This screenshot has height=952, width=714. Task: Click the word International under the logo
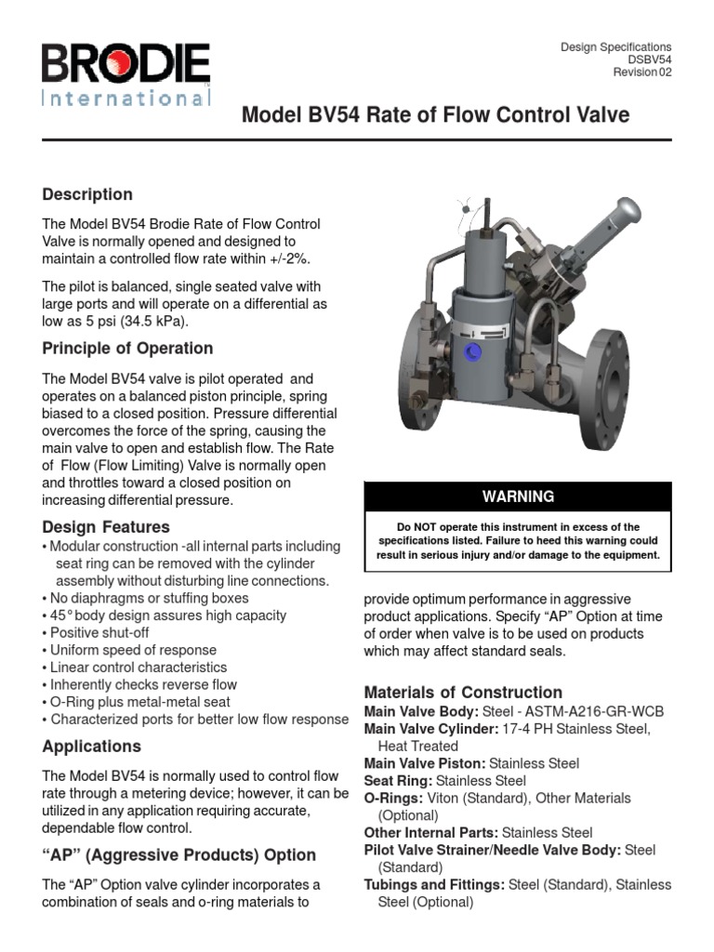coord(126,98)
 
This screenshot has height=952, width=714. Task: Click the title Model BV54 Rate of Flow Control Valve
coord(436,115)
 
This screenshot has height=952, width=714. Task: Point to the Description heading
coord(87,194)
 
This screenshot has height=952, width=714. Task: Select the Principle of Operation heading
coord(127,349)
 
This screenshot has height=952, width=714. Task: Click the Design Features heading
coord(106,527)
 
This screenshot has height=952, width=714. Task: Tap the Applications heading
coord(92,747)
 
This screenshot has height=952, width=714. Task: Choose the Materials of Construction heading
coord(463,693)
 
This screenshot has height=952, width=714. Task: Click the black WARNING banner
coord(517,496)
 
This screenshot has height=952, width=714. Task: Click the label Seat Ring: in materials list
coord(398,781)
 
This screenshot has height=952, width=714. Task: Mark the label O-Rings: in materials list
coord(394,799)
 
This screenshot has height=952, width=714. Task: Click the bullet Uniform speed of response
coord(133,650)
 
